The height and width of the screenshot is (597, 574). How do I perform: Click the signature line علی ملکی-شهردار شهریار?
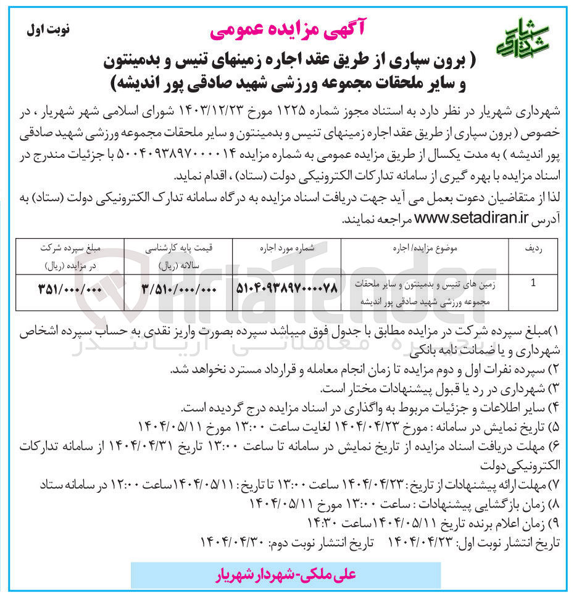click(286, 575)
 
